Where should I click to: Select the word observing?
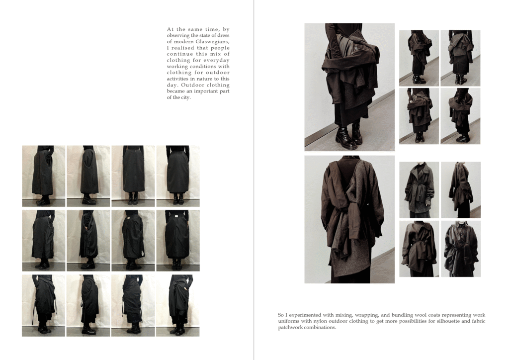pyautogui.click(x=178, y=35)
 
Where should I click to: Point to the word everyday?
pyautogui.click(x=217, y=60)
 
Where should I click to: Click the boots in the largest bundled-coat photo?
pyautogui.click(x=349, y=135)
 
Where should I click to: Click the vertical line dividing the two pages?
pyautogui.click(x=254, y=180)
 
